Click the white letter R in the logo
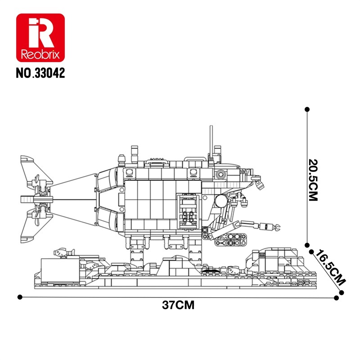coord(41,32)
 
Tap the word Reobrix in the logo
coord(40,54)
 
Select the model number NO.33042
coord(40,73)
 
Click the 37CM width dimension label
coord(178,305)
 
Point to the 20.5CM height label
coord(313,180)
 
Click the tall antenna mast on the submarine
coord(211,142)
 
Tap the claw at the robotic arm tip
coord(277,227)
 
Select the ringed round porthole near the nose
coord(220,174)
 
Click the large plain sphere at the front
coord(221,201)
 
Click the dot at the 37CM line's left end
coord(20,297)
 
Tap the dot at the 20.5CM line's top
coord(307,109)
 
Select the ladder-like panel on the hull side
coord(188,211)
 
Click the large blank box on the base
coord(60,270)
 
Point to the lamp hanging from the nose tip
coord(260,184)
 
